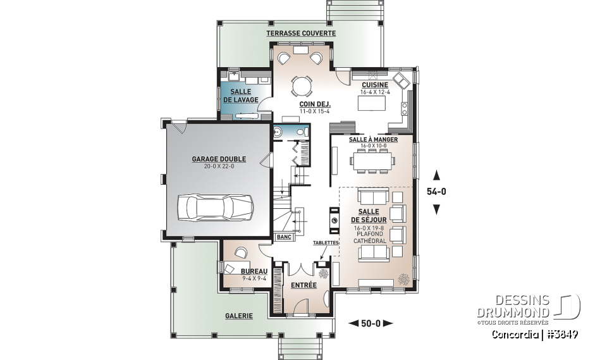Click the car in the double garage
click(216, 207)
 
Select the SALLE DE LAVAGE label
click(240, 96)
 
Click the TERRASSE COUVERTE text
click(300, 33)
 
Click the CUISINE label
click(375, 85)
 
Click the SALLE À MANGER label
click(373, 139)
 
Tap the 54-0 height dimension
click(436, 191)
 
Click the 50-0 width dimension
click(371, 323)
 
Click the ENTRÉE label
click(303, 285)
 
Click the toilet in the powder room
click(279, 132)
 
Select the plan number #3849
click(563, 333)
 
